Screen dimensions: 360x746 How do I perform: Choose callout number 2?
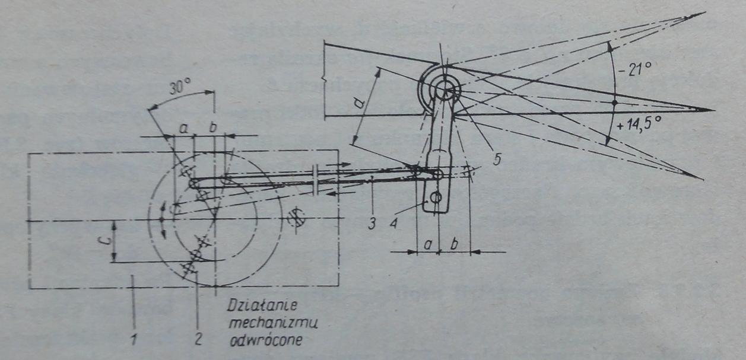pos(198,339)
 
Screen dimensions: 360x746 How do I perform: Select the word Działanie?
pos(262,308)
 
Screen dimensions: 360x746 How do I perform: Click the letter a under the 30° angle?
pos(183,127)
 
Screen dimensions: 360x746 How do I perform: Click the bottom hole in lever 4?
pos(438,198)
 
